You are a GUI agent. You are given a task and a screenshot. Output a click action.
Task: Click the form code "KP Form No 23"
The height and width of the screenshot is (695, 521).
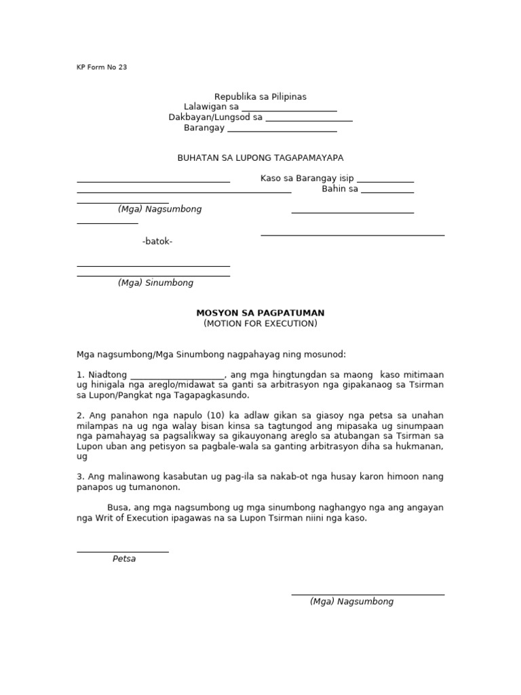[102, 67]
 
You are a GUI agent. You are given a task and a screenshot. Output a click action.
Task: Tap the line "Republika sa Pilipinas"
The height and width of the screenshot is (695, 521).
[260, 97]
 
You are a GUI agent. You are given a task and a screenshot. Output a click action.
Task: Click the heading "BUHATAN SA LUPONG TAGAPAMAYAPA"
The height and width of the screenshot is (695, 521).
[260, 158]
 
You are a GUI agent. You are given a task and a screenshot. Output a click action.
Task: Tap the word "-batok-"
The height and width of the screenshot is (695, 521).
[157, 242]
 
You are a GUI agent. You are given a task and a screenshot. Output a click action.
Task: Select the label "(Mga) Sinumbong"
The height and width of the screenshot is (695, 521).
[155, 283]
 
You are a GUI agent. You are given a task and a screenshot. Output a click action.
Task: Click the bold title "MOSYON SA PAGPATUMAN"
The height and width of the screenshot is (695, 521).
[260, 313]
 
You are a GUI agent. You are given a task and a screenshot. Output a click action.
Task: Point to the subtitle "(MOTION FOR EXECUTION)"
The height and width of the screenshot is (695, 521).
[260, 324]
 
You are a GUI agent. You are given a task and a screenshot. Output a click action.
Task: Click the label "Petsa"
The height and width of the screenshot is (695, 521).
[124, 559]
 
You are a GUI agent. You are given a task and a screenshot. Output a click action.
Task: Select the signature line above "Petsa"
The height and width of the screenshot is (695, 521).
[123, 551]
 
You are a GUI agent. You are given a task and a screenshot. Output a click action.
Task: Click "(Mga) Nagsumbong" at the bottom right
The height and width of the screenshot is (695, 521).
[351, 601]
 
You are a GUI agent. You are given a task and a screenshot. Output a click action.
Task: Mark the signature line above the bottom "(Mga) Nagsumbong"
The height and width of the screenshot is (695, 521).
[368, 594]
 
